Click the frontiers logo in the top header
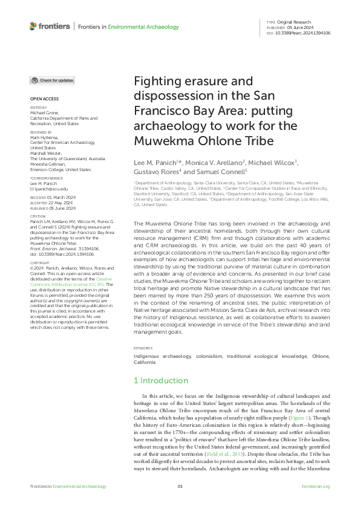(51, 27)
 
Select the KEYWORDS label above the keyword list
(143, 349)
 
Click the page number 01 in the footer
(180, 487)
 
